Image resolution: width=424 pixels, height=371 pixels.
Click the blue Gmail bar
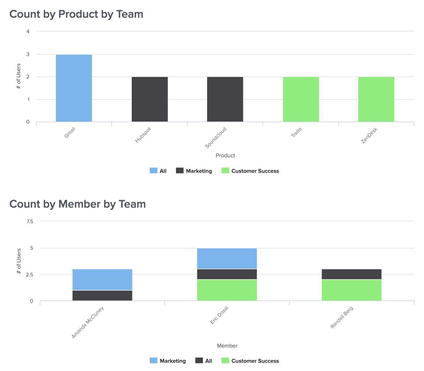click(74, 88)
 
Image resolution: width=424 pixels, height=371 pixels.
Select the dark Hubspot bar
click(150, 99)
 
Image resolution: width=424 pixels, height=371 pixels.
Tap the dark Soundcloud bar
click(225, 99)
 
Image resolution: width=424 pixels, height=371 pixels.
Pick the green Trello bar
click(301, 99)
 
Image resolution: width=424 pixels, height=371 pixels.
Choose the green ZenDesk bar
click(376, 99)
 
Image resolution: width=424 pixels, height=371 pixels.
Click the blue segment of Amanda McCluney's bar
click(102, 280)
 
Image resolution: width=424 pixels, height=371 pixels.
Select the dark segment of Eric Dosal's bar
click(227, 274)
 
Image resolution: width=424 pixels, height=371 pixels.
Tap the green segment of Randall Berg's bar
click(351, 290)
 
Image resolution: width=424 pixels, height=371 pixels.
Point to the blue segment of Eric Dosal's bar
click(227, 259)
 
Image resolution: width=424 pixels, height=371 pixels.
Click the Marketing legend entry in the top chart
click(194, 171)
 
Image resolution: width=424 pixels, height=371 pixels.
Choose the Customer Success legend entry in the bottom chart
click(250, 361)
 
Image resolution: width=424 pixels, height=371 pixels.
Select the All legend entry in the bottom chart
click(204, 361)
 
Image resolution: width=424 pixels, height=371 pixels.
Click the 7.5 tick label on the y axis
click(30, 221)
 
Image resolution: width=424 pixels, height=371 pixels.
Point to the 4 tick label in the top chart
click(28, 31)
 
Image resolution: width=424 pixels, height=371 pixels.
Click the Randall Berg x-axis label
click(342, 317)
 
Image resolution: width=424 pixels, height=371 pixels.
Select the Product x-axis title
click(225, 155)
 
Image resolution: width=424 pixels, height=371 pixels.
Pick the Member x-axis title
click(227, 346)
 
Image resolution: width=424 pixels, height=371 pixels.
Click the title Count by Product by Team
click(76, 14)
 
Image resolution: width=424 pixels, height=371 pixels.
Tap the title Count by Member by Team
click(78, 204)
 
